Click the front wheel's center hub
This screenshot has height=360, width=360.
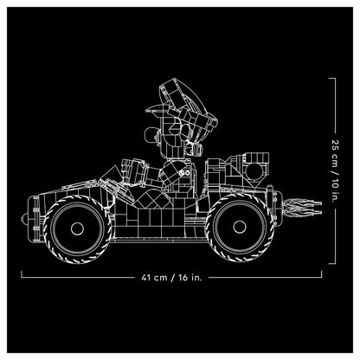pos(77,228)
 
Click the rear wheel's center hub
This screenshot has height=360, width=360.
pos(240,227)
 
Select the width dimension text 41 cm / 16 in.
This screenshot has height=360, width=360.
pos(172,278)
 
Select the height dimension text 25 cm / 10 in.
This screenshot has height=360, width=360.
pos(335,171)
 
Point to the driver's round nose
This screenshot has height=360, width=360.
pos(150,136)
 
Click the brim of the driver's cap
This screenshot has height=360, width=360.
pos(156,109)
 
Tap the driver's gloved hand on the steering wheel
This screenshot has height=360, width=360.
pos(134,170)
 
